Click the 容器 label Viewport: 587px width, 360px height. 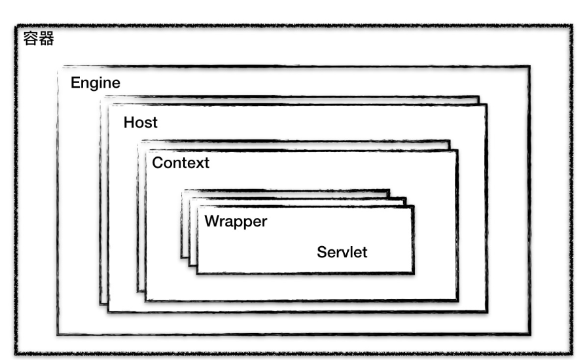pos(39,39)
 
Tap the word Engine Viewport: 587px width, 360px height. pos(96,83)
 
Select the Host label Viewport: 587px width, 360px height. pos(140,122)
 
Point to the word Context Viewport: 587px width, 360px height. pos(181,163)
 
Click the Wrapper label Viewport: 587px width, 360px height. pos(236,221)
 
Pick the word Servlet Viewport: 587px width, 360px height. pos(342,252)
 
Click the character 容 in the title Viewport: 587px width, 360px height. pos(30,39)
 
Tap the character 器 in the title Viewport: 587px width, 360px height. pos(46,39)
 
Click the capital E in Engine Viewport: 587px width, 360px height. pos(75,83)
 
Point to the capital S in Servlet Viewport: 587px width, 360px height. pos(321,252)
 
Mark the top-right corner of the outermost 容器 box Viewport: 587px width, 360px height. pos(571,26)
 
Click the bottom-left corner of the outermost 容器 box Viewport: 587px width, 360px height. pos(15,355)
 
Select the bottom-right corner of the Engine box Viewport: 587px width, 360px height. pos(529,334)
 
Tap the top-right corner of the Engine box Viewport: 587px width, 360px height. pos(529,66)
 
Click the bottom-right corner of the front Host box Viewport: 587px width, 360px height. pos(486,311)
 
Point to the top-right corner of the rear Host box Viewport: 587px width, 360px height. pos(478,97)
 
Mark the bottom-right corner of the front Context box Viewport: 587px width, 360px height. pos(457,300)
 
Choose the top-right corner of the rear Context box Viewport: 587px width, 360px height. pos(450,141)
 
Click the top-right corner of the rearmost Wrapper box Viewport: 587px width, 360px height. pos(389,190)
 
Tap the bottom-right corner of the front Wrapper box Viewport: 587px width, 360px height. pos(413,272)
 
